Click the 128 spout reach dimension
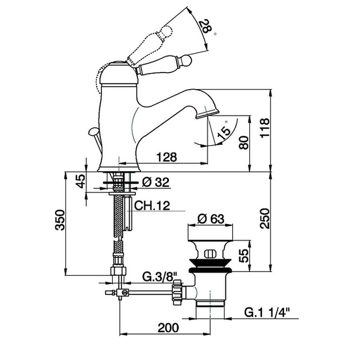(167, 157)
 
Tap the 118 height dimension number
(265, 128)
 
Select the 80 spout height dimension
(244, 143)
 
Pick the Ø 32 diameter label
(156, 182)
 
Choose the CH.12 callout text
(152, 206)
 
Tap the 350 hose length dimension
(60, 220)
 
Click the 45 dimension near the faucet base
(80, 181)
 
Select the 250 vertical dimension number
(265, 219)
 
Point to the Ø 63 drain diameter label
(210, 219)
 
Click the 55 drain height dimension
(244, 255)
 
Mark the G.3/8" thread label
(159, 277)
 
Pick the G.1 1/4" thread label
(267, 313)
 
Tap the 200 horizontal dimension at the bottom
(168, 328)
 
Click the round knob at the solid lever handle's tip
(187, 60)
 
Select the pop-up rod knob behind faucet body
(93, 132)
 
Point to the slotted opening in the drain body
(210, 254)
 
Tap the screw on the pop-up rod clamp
(125, 293)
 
